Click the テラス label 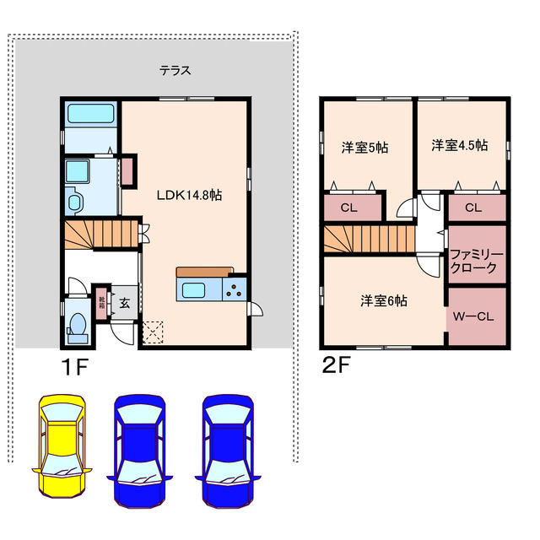coord(175,71)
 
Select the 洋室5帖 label coord(364,147)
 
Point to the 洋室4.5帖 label coord(459,145)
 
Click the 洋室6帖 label coord(384,300)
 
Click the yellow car coord(60,444)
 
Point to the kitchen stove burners coord(234,292)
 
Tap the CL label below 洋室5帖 coord(348,208)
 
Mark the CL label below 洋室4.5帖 coord(472,208)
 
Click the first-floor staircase coord(101,235)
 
